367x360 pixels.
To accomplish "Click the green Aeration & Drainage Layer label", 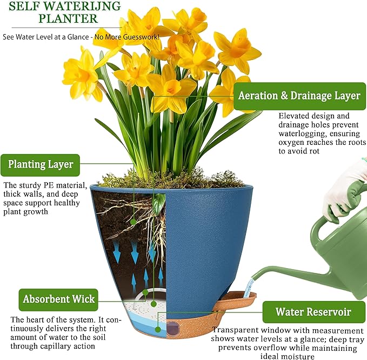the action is (299, 96).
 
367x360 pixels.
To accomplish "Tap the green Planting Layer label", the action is (40, 165).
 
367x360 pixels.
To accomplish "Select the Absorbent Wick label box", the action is (58, 299).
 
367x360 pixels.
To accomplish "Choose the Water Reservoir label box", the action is (314, 312).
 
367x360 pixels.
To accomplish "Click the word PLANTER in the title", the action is (68, 18).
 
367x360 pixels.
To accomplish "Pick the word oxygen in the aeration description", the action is (291, 143).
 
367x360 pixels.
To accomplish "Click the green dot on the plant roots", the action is (133, 222).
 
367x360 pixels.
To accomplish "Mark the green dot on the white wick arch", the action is (145, 292).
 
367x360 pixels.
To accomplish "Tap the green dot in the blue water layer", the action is (158, 330).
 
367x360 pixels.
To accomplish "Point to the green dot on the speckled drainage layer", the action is (154, 304).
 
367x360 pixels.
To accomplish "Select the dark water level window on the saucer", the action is (172, 328).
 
